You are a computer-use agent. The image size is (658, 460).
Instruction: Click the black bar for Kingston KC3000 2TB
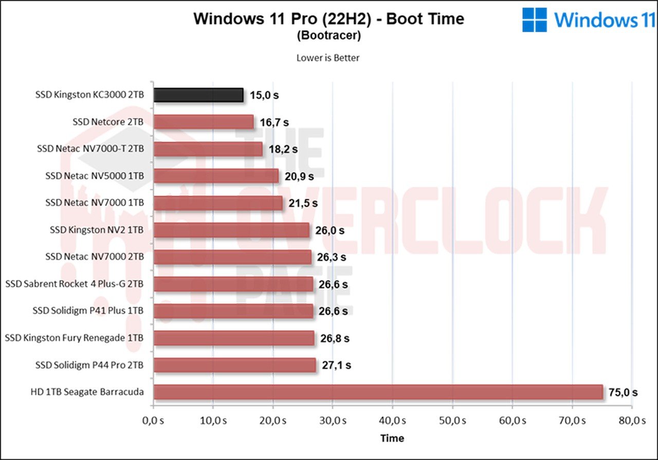point(198,95)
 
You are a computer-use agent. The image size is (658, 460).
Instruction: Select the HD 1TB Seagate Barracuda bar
point(378,392)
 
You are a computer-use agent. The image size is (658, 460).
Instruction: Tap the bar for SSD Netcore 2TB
point(204,122)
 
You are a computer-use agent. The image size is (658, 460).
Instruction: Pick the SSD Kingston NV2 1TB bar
point(231,230)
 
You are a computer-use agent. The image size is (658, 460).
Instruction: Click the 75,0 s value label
point(624,393)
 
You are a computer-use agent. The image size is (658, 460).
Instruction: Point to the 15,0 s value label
point(264,95)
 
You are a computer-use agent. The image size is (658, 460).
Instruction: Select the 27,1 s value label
point(337,365)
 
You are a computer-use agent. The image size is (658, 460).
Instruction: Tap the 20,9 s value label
point(300,176)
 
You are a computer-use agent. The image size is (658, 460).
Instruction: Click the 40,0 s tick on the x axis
point(392,420)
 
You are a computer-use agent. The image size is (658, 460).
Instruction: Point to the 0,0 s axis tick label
point(153,420)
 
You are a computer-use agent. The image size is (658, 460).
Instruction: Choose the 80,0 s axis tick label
point(632,420)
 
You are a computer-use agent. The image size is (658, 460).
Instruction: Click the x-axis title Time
point(392,438)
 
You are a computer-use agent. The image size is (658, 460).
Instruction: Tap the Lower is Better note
point(328,58)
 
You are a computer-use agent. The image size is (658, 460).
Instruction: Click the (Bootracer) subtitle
point(328,36)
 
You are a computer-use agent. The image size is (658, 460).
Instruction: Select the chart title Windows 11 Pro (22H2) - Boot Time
point(328,19)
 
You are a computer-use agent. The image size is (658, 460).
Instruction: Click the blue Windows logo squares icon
point(535,20)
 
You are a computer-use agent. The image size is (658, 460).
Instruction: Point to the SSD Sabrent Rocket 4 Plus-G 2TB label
point(74,284)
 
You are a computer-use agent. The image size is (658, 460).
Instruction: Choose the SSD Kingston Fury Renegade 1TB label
point(74,338)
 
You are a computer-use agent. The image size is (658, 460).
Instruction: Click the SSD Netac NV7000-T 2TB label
point(90,149)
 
